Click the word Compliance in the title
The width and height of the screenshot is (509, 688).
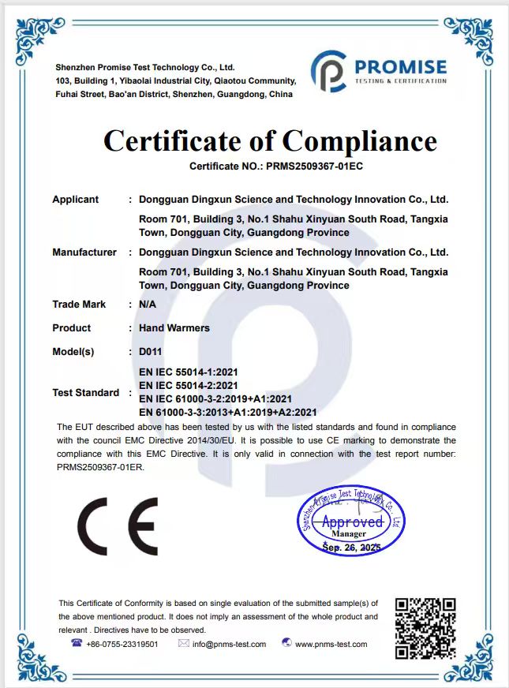359,141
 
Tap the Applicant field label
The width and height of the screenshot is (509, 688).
75,200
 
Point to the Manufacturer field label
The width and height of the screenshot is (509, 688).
84,252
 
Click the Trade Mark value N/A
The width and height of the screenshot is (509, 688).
147,304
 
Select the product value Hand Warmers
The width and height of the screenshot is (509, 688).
174,327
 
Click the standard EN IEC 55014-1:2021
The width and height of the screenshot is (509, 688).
188,371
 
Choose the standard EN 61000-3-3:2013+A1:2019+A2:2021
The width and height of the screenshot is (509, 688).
227,412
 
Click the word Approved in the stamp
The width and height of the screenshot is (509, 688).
352,522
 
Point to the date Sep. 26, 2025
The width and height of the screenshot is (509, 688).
352,546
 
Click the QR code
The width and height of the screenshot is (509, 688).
425,628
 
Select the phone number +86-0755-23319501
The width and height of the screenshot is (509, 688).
122,644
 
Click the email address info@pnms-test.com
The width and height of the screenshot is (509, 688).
230,644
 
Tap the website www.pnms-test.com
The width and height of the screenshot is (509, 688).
331,644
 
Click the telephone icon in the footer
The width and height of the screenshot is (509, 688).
77,643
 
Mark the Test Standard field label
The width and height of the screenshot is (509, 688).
85,392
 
